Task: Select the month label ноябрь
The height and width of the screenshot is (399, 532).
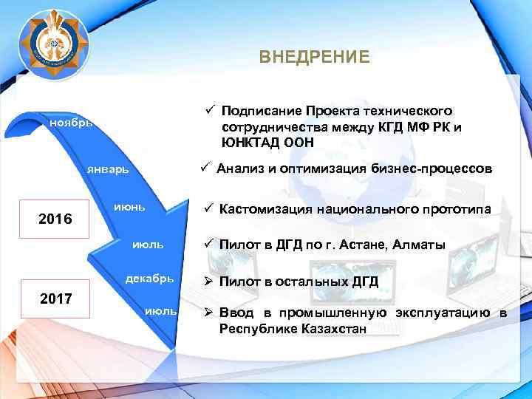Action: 71,122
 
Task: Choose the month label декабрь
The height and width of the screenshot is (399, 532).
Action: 150,279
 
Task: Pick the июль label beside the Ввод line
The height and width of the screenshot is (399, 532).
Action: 162,312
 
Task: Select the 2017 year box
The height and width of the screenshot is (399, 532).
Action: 55,299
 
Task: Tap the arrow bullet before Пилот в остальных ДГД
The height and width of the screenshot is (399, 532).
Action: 209,282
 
